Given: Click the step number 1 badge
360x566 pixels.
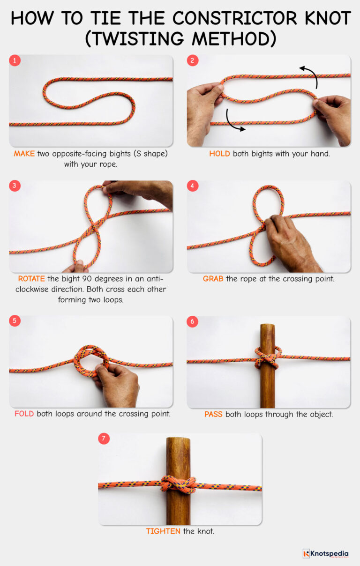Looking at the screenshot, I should click(x=15, y=60).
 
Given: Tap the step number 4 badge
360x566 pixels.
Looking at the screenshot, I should click(x=193, y=186).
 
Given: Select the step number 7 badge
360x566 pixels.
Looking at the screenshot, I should click(x=104, y=439).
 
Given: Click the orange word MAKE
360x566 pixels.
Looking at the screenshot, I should click(x=24, y=154).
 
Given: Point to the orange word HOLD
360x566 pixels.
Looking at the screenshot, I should click(x=219, y=154).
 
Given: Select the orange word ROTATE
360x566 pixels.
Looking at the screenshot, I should click(x=32, y=279).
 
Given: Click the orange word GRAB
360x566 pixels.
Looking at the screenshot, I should click(x=213, y=279).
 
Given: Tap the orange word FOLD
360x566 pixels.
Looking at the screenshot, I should click(x=24, y=414).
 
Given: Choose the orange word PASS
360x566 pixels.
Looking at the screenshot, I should click(x=214, y=414).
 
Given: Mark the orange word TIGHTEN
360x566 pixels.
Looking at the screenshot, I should click(x=163, y=531).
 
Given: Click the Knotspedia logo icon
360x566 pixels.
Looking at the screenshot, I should click(x=307, y=553).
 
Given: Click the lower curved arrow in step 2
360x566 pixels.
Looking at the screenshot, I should click(x=233, y=121).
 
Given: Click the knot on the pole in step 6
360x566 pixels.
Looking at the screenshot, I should click(x=268, y=358).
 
